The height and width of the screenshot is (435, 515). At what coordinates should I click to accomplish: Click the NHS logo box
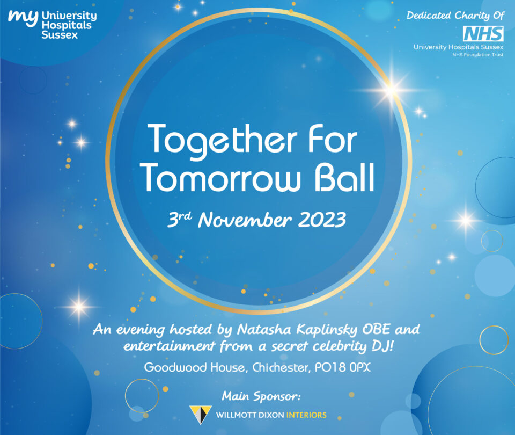pyautogui.click(x=483, y=33)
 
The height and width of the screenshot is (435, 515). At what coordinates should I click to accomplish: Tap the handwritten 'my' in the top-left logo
pyautogui.click(x=23, y=18)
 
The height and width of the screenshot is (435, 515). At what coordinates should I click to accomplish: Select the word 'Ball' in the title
pyautogui.click(x=345, y=177)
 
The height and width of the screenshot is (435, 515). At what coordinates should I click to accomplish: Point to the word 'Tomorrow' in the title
pyautogui.click(x=222, y=178)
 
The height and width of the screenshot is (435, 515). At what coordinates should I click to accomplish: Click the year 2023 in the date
pyautogui.click(x=322, y=220)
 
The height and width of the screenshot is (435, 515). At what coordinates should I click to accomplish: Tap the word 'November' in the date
pyautogui.click(x=245, y=220)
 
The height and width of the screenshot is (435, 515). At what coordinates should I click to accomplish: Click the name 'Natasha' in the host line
pyautogui.click(x=264, y=329)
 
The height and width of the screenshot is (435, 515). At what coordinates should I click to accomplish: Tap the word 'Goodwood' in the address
pyautogui.click(x=176, y=367)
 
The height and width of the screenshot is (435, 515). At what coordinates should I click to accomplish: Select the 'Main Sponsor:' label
pyautogui.click(x=261, y=396)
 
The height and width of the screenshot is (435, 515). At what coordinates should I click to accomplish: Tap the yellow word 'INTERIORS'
pyautogui.click(x=306, y=415)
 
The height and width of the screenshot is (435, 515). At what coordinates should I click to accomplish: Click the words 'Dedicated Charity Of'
pyautogui.click(x=455, y=16)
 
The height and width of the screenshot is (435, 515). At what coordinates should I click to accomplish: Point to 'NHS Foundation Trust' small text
pyautogui.click(x=478, y=55)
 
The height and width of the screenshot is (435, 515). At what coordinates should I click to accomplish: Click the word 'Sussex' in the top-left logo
pyautogui.click(x=60, y=35)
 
